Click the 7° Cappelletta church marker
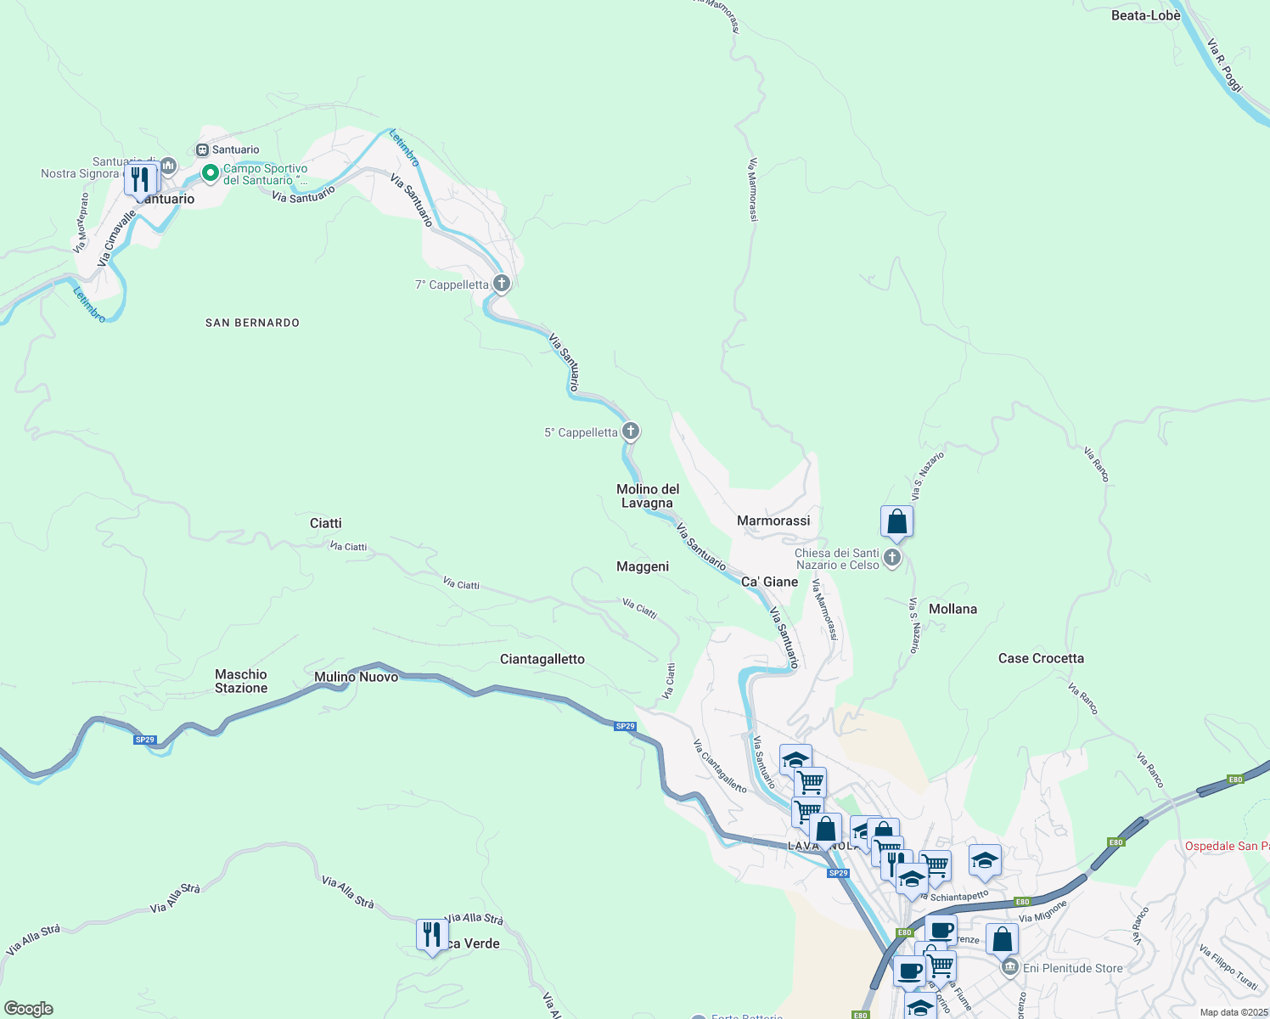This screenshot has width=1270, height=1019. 501,284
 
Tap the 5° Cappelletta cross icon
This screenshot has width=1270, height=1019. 631,431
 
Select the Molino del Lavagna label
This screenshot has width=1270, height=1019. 648,496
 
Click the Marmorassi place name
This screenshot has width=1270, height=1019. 773,521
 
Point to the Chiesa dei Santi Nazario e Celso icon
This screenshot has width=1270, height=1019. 891,558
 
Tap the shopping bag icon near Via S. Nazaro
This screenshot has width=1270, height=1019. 896,522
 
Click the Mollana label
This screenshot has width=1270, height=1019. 952,609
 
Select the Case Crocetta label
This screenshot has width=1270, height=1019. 1041,658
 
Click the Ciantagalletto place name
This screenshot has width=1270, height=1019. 542,659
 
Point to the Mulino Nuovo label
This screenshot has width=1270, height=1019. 356,677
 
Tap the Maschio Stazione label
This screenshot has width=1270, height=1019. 241,681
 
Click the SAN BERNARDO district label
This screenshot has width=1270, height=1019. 252,323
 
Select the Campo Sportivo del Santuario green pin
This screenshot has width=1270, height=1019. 210,173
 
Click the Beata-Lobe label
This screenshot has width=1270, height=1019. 1145,15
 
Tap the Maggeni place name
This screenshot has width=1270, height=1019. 643,566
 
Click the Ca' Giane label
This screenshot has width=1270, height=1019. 769,582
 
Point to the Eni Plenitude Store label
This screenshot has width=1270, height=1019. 1072,968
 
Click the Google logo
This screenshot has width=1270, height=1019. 29,1009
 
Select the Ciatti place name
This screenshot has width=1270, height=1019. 325,523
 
